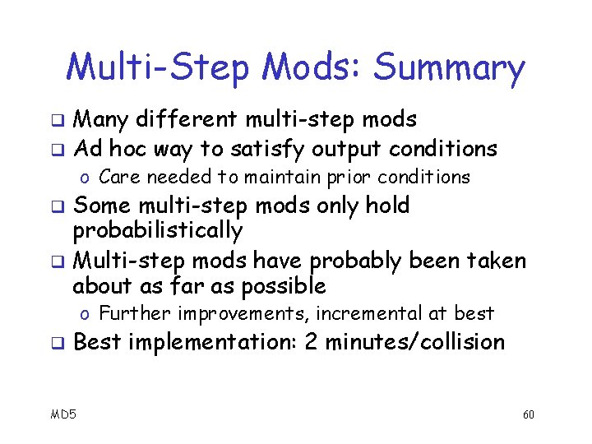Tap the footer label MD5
coord(61,414)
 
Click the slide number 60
coord(528,414)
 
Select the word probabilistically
coord(157,231)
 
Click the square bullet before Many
coord(59,122)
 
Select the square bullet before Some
coord(59,206)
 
